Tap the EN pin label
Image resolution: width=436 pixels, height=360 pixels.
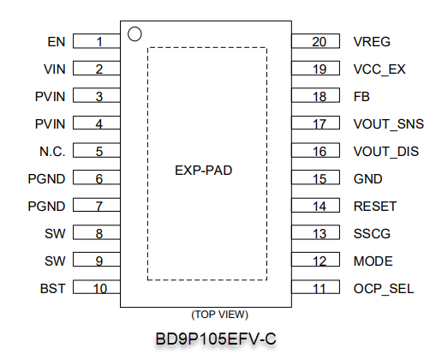click(57, 42)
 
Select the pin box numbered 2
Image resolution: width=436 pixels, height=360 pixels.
click(97, 69)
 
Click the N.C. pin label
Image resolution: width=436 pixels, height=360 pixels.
click(52, 152)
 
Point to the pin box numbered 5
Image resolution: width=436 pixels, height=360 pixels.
click(97, 150)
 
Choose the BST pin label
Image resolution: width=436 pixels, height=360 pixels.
click(53, 289)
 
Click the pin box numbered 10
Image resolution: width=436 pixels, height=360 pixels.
click(97, 287)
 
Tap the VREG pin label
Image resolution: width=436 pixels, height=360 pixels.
click(372, 42)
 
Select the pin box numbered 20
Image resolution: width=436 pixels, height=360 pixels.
click(316, 41)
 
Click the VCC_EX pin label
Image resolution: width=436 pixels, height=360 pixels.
click(379, 69)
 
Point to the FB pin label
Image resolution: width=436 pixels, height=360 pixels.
click(361, 97)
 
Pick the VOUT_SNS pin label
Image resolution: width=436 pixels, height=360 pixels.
click(389, 124)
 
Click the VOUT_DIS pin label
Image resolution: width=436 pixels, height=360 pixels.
click(386, 152)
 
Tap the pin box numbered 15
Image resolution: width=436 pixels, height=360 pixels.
click(316, 177)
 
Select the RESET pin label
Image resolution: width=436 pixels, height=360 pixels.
click(375, 207)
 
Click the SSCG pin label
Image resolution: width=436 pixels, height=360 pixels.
click(372, 234)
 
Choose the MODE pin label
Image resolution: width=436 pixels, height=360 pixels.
click(373, 261)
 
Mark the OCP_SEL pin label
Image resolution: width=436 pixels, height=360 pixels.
click(384, 289)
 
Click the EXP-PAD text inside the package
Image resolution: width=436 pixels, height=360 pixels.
click(203, 171)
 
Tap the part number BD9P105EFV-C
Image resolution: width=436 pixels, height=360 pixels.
click(216, 339)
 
